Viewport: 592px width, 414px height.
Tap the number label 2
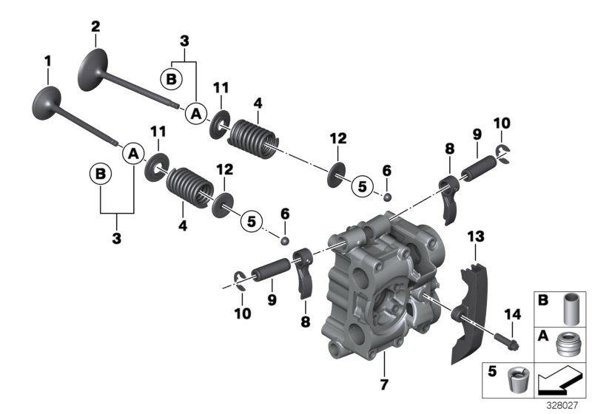coord(95,27)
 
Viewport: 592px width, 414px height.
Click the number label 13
coord(475,236)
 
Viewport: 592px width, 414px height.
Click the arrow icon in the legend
coord(561,383)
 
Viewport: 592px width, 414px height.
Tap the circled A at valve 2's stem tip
coord(195,113)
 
